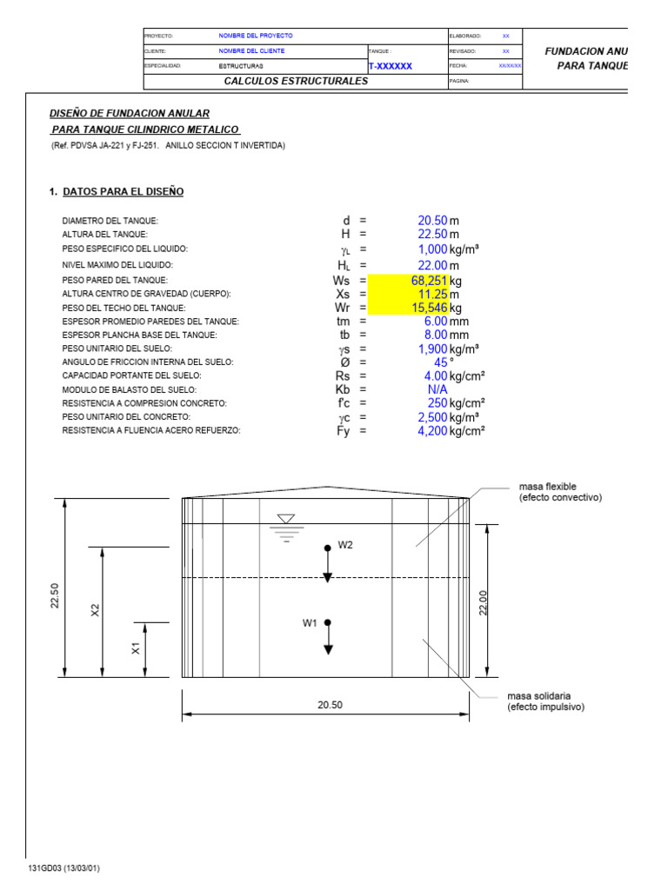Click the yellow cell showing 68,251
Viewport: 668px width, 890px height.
[x=429, y=281]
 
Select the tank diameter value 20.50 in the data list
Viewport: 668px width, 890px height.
[x=432, y=221]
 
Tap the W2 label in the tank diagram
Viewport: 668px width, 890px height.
[x=345, y=545]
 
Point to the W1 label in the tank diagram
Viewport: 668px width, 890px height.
[x=311, y=622]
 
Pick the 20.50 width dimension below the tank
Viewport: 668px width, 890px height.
[x=330, y=705]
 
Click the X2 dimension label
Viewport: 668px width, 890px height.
[x=96, y=610]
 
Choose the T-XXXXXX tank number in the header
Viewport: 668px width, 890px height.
[x=391, y=66]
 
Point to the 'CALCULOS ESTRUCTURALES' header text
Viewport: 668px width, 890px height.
[x=296, y=81]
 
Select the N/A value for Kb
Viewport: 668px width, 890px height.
[x=438, y=389]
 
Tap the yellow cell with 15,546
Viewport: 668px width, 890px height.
[x=429, y=308]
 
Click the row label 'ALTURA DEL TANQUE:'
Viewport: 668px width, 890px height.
[x=104, y=235]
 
